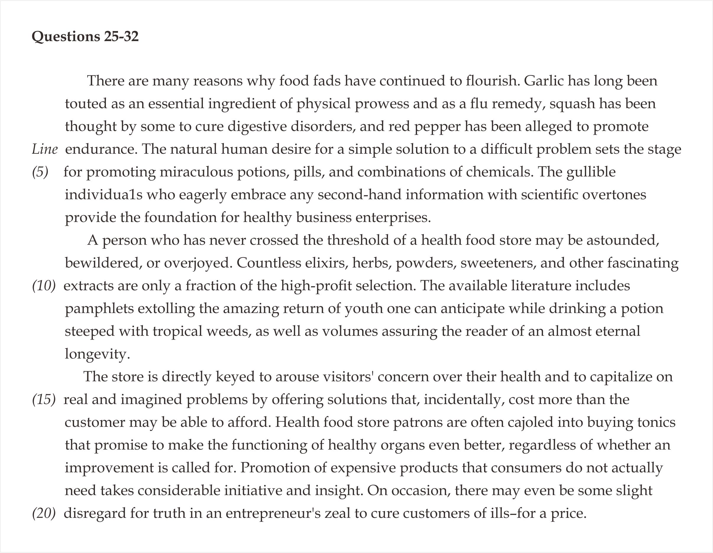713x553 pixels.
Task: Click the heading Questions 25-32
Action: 85,36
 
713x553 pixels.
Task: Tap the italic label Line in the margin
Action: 45,150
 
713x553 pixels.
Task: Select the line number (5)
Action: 40,172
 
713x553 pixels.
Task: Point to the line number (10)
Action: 44,286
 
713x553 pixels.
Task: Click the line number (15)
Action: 44,400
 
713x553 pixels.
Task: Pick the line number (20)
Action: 44,513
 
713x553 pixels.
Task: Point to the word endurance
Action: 101,150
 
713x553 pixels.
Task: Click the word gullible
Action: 591,172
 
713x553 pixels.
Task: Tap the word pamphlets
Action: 99,309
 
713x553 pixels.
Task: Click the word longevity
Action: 97,354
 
